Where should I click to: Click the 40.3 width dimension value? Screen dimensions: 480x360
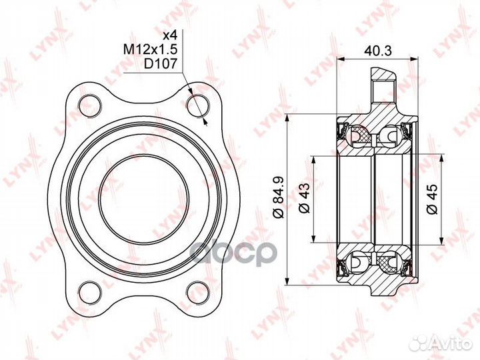378,51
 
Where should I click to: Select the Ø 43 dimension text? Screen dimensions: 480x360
305,198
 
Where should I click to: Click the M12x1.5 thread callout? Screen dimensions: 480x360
151,49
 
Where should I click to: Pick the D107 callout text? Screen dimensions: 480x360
161,64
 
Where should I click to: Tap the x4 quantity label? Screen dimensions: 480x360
170,35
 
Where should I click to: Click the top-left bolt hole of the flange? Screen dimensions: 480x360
90,105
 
